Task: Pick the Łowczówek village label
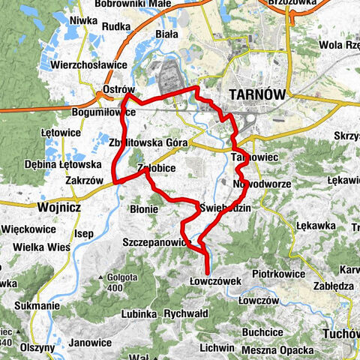(214, 280)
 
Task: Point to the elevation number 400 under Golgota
(114, 288)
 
